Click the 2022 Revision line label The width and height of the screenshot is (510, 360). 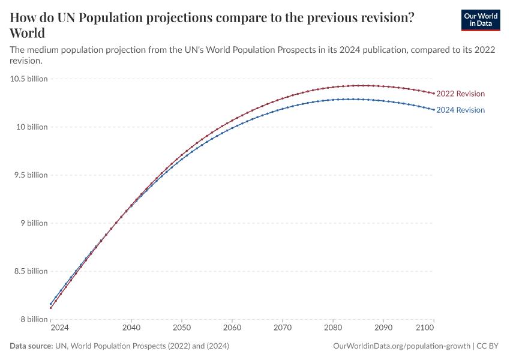click(x=460, y=94)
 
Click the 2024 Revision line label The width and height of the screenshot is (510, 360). click(x=460, y=110)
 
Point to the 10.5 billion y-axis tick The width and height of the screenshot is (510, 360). click(x=29, y=79)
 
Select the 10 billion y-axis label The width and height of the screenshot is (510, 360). click(x=31, y=127)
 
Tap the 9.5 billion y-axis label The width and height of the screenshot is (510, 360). click(x=29, y=175)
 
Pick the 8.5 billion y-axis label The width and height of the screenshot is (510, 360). click(x=29, y=271)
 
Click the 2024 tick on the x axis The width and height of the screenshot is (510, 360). click(x=59, y=328)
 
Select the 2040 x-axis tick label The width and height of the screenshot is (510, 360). click(x=131, y=328)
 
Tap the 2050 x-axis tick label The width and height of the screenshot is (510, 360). click(x=182, y=328)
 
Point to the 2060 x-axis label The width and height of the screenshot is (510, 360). click(x=232, y=328)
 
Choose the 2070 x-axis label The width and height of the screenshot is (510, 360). click(x=283, y=328)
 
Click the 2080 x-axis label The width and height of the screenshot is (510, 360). click(x=333, y=328)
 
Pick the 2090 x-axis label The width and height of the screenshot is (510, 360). click(x=383, y=328)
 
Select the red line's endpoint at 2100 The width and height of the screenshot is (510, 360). click(x=434, y=93)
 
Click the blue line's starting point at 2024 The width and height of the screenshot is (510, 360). click(x=50, y=304)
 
